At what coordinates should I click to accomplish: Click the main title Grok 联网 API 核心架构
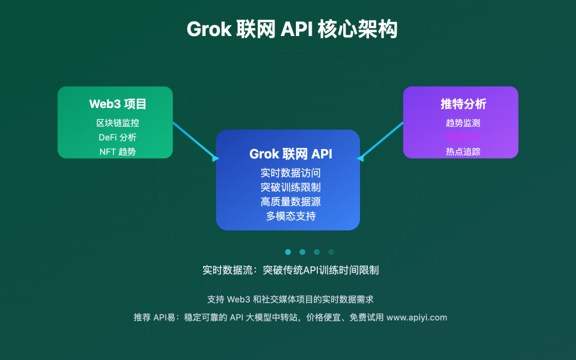pos(292,29)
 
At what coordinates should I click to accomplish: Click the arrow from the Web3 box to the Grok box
pos(195,141)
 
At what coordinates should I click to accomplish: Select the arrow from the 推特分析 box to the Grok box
pos(381,141)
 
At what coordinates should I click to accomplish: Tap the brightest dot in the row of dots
pos(288,252)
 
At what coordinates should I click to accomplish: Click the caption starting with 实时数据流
pos(291,270)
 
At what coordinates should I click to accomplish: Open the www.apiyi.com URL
pos(417,317)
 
